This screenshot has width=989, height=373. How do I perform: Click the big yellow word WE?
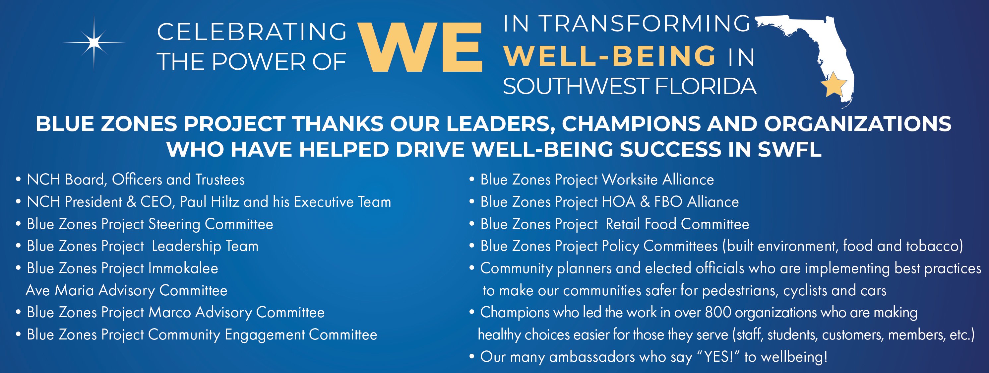(420, 47)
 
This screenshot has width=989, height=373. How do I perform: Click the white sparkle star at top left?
(94, 42)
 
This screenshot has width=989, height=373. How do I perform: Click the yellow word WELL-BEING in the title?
(610, 56)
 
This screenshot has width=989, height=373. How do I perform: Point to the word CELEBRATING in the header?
(252, 32)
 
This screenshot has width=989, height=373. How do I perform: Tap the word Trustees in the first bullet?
(220, 180)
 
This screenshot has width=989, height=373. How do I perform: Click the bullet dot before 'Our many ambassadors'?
(472, 357)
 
